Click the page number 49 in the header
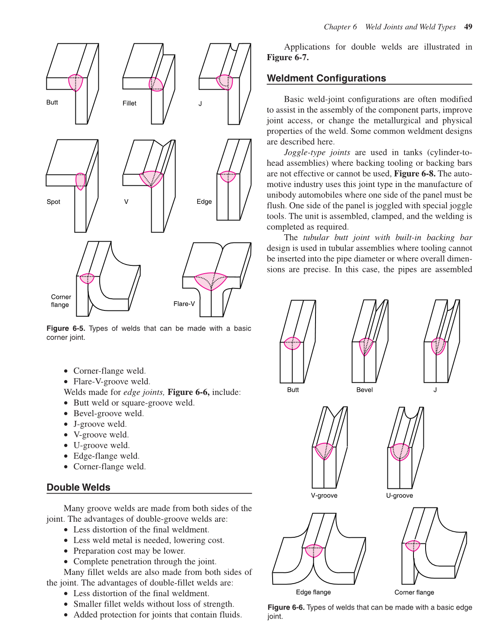point(468,27)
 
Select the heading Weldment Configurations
point(326,78)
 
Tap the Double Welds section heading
point(78,487)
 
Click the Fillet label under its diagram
point(129,103)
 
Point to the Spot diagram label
point(53,202)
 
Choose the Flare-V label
point(184,304)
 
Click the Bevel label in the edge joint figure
point(364,390)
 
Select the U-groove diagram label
point(399,496)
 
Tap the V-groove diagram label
point(324,496)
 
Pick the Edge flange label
point(313,592)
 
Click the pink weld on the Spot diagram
point(81,181)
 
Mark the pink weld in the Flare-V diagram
point(211,281)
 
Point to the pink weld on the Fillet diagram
point(156,84)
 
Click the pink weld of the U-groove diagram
point(400,452)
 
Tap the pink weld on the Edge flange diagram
point(314,550)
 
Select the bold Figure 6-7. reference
point(287,58)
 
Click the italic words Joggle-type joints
point(317,152)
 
